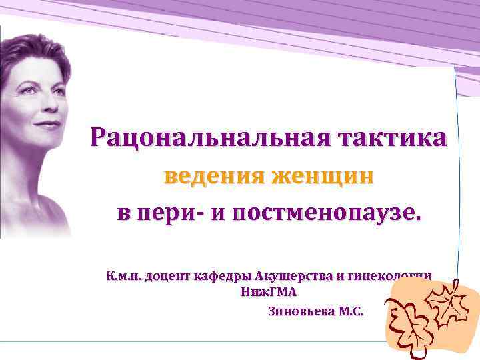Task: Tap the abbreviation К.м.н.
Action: [123, 276]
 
